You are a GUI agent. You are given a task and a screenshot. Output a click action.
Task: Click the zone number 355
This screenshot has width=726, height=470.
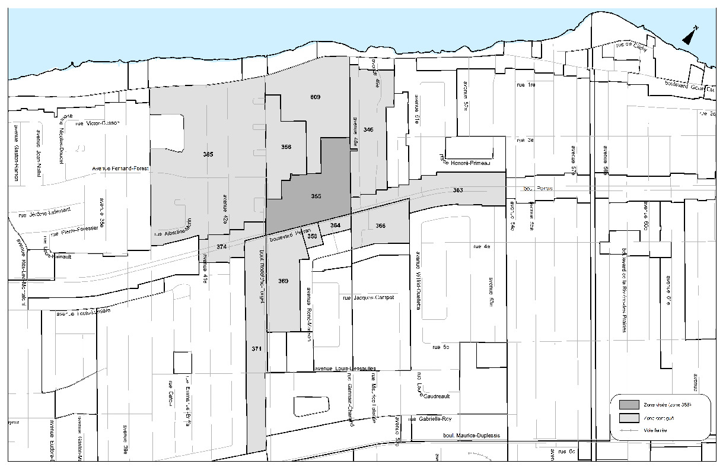(x=316, y=196)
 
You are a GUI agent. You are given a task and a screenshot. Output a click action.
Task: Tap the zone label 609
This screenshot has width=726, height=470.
(x=316, y=97)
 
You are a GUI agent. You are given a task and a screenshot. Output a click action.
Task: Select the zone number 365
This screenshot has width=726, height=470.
(x=208, y=154)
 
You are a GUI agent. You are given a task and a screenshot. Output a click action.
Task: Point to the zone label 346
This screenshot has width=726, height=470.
(x=368, y=129)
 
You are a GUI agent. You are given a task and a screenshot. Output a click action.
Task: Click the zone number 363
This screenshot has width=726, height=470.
(x=458, y=190)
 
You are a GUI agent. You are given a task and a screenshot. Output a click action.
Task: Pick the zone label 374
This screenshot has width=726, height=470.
(x=221, y=246)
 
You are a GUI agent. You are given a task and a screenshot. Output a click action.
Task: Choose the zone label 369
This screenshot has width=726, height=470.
(x=283, y=281)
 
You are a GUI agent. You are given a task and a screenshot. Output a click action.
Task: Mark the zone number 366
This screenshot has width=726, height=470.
(x=380, y=226)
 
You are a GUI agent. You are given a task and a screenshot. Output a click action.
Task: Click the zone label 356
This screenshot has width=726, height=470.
(x=286, y=147)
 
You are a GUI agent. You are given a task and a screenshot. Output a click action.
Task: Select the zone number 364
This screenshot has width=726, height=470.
(x=335, y=226)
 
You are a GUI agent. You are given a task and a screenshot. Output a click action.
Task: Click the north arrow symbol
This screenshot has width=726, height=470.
(x=690, y=37)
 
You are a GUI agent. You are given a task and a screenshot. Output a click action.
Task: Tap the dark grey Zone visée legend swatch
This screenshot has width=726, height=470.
(x=629, y=404)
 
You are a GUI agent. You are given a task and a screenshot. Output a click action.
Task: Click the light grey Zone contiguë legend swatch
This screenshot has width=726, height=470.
(x=629, y=418)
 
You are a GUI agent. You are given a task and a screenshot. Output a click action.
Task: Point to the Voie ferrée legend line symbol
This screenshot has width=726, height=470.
(x=629, y=430)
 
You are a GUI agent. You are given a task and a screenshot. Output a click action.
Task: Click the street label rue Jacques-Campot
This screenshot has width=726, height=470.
(x=368, y=298)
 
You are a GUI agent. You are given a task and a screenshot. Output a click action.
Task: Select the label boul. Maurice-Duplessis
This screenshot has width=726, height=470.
(x=472, y=436)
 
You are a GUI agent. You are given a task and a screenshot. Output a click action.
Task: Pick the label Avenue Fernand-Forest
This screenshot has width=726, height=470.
(x=120, y=168)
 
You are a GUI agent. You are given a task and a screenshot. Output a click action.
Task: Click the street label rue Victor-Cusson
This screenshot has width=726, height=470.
(x=98, y=123)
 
